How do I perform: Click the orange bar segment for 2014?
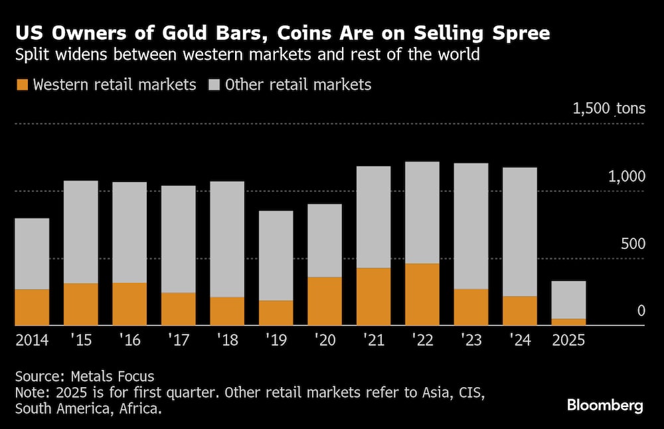(32, 307)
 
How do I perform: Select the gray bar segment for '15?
(81, 232)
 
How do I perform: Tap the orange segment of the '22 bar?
(422, 294)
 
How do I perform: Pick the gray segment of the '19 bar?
(276, 256)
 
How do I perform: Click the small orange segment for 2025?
(568, 322)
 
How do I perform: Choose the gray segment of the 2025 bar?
(568, 300)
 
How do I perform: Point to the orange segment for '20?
(325, 301)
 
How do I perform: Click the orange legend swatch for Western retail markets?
(23, 85)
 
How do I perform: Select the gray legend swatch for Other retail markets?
(214, 85)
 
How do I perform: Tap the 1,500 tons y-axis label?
(609, 108)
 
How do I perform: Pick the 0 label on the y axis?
(641, 310)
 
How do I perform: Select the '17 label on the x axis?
(179, 340)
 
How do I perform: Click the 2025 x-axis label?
(568, 340)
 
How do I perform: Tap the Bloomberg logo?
(605, 405)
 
